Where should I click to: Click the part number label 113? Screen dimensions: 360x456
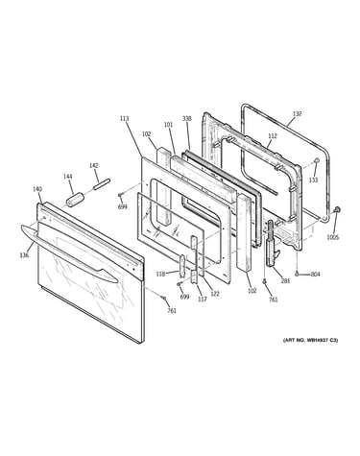point(124,119)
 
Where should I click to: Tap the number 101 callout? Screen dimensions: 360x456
point(168,125)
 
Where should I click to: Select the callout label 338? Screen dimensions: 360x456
point(187,118)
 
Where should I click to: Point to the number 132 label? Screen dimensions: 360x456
point(297,113)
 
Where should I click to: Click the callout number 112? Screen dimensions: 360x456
point(273,136)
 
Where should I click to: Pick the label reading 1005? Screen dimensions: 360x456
point(332,237)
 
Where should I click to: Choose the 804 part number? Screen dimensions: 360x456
point(315,274)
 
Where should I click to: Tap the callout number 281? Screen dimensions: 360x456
point(285,280)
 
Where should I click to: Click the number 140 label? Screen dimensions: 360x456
point(37,189)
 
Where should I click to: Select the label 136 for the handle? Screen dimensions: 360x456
point(24,255)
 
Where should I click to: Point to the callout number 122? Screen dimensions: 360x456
point(215,294)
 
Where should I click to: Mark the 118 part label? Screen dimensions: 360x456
point(160,274)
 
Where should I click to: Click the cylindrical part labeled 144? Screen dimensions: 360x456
point(75,199)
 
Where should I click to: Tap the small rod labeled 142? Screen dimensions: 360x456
point(102,183)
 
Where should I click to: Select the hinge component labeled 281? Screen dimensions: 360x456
point(272,242)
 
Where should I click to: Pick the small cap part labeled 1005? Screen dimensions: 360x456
point(336,209)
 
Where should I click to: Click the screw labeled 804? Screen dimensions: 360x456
point(298,274)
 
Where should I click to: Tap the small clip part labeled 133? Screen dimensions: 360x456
point(316,160)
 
